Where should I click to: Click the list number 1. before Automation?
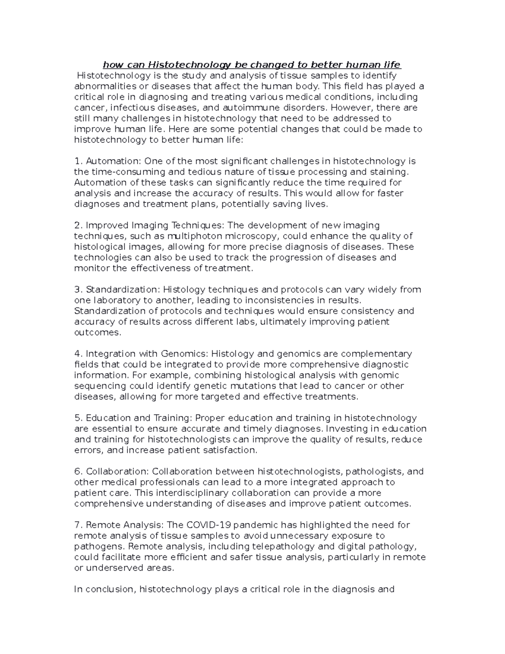pyautogui.click(x=78, y=161)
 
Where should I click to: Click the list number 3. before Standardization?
pyautogui.click(x=78, y=290)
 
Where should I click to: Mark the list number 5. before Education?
pyautogui.click(x=78, y=418)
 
